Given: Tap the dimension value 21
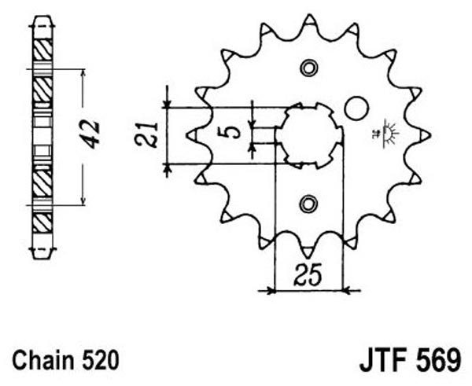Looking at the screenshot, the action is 146,134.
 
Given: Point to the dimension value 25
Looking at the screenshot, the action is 308,274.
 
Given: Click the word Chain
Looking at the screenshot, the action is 43,360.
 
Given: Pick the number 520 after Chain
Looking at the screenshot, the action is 100,360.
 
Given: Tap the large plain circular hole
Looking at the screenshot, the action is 356,108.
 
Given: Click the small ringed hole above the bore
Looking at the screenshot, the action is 308,68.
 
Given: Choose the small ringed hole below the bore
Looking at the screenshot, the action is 308,204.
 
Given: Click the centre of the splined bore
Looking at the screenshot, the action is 309,136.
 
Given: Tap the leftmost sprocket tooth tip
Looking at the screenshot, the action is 188,136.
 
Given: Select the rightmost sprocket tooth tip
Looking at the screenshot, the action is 430,135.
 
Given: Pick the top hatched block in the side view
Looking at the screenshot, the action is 42,50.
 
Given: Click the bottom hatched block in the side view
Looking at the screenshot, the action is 42,222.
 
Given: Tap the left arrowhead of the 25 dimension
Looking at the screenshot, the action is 271,291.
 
